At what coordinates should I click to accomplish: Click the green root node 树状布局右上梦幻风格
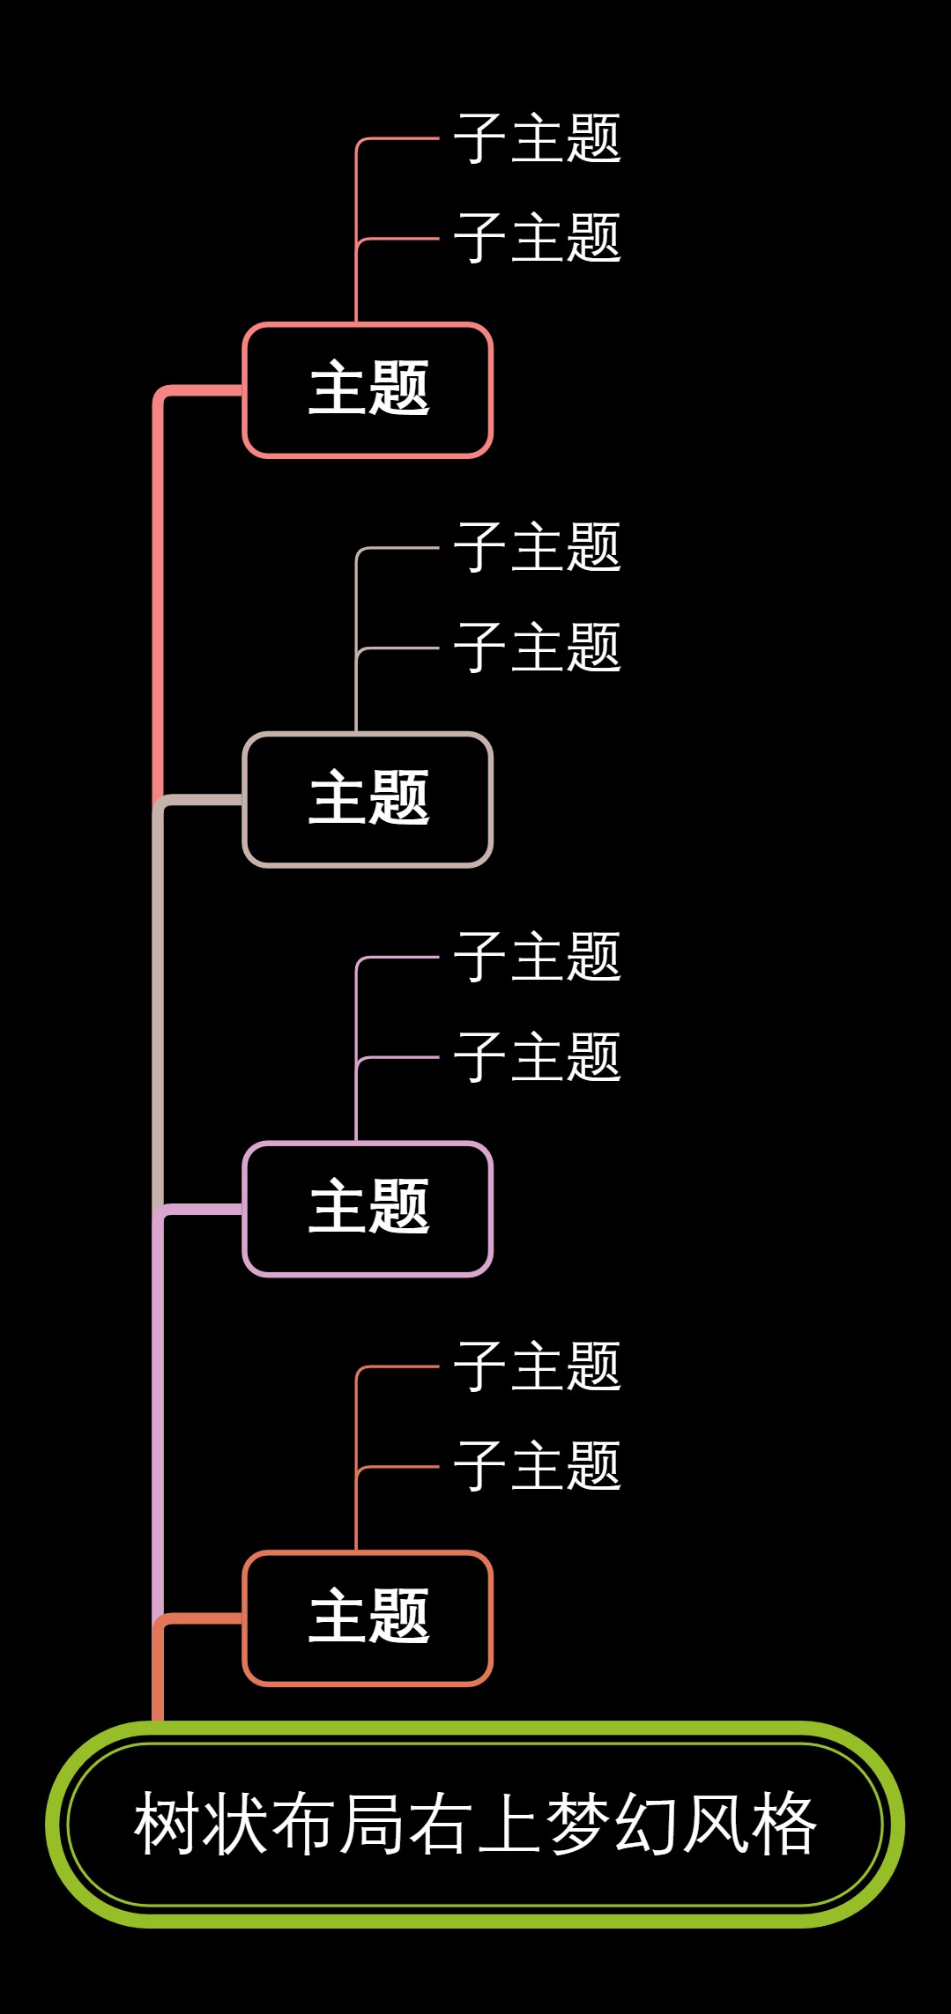pos(475,1824)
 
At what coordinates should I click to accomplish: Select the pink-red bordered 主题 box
pos(368,389)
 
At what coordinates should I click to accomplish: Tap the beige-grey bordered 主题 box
pos(368,799)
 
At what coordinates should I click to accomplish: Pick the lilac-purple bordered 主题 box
pos(368,1208)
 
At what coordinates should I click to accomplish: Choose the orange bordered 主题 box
pos(368,1618)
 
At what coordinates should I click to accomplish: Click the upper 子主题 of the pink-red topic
pos(537,138)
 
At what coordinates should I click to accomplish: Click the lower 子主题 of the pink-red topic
pos(537,238)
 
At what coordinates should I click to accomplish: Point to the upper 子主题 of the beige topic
pos(537,547)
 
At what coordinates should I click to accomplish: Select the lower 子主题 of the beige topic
pos(537,648)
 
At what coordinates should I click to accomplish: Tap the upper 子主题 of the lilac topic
pos(537,957)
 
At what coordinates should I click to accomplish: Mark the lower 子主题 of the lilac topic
pos(537,1057)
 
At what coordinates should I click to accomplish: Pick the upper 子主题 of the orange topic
pos(537,1366)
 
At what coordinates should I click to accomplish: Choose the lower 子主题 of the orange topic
pos(537,1467)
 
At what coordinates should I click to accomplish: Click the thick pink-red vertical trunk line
pos(158,599)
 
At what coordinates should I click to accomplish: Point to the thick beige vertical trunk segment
pos(158,1004)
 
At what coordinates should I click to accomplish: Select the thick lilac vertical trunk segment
pos(158,1410)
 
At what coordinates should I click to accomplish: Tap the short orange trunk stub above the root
pos(158,1678)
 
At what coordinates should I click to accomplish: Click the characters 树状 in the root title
pos(201,1824)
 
